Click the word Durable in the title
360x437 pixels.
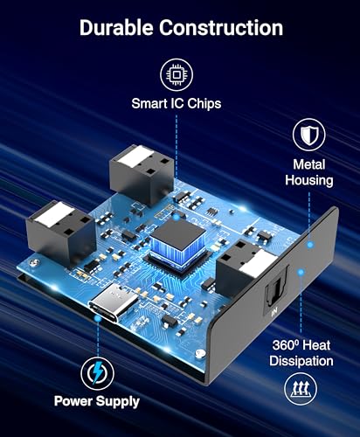click(116, 28)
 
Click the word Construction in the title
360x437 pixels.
click(221, 28)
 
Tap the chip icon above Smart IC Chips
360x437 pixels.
click(177, 75)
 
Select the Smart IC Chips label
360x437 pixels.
click(177, 104)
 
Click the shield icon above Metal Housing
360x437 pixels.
click(309, 135)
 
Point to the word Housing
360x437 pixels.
click(309, 180)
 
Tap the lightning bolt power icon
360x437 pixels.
click(97, 373)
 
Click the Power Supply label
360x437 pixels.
click(97, 401)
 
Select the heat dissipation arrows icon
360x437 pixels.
click(301, 389)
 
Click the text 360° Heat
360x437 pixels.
click(301, 345)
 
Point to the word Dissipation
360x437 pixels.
click(301, 361)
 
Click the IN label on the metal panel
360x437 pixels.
click(274, 313)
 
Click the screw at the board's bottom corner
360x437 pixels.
click(200, 354)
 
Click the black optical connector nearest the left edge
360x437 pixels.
click(61, 232)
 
